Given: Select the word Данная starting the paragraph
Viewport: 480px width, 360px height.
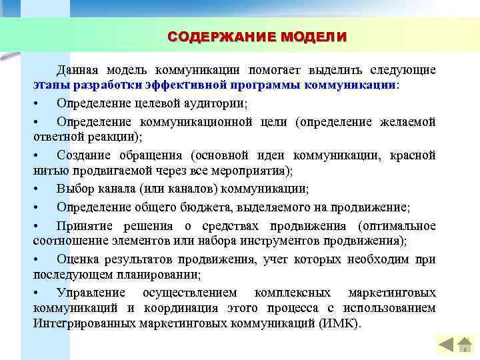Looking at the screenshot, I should click(78, 70).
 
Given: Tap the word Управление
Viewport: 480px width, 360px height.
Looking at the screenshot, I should click(91, 293).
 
